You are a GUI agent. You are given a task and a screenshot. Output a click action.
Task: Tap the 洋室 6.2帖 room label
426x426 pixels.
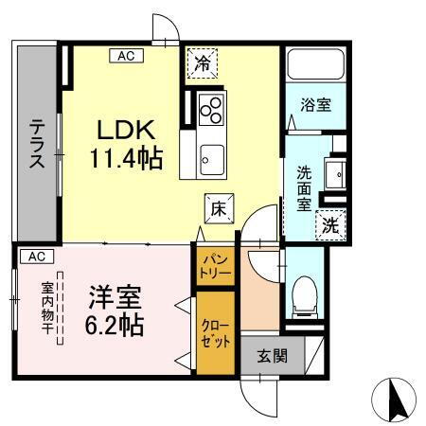tap(115, 311)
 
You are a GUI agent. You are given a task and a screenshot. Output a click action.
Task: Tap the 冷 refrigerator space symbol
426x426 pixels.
tap(203, 65)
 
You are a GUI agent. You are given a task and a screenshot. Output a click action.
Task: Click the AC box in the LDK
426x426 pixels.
tap(126, 56)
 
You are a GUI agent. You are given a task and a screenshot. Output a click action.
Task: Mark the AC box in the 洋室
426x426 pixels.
tap(34, 257)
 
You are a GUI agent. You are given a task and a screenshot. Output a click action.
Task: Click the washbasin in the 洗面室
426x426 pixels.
tap(335, 175)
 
